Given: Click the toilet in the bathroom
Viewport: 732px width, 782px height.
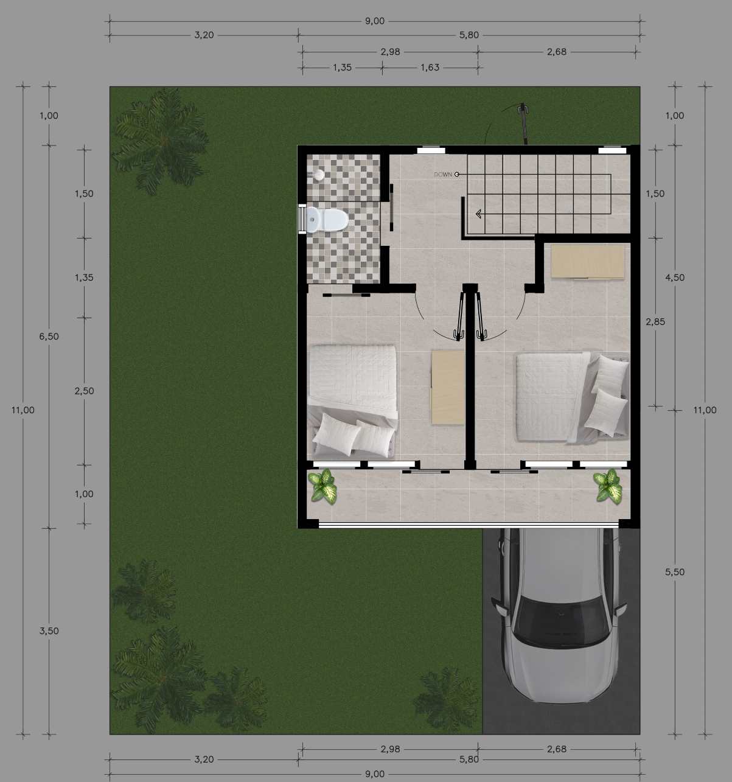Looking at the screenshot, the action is [327, 220].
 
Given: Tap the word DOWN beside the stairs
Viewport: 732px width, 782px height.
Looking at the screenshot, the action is [442, 175].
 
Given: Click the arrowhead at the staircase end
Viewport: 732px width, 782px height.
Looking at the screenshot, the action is [479, 214].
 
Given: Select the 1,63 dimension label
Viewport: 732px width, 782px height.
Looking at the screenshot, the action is [430, 68].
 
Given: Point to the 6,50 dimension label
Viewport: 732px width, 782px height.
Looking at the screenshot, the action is [49, 337].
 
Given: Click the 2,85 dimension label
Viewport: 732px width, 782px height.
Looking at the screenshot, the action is [655, 322].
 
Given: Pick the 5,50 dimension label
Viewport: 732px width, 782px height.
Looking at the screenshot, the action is [675, 571].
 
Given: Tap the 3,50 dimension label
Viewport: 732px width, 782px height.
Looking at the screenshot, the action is [49, 631].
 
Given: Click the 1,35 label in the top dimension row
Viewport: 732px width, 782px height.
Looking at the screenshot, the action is [342, 68].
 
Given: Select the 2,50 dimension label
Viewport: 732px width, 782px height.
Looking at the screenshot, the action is [84, 391].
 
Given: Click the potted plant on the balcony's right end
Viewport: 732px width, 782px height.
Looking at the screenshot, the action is [608, 486].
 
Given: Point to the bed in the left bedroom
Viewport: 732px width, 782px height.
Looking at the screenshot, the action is [353, 401].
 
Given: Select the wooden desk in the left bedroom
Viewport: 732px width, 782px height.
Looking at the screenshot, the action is [448, 388].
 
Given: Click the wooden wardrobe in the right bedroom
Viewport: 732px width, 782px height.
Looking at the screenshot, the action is [588, 262].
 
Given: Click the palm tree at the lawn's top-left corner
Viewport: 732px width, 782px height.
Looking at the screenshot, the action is [159, 141].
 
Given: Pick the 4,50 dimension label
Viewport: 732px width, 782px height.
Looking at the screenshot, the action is [675, 278].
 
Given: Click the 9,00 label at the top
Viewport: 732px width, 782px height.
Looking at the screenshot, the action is [374, 21].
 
